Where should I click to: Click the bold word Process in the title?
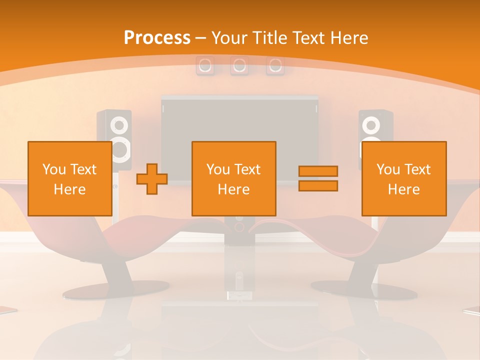[157, 38]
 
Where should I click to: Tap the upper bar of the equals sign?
[318, 171]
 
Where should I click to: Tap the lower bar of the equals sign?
[318, 186]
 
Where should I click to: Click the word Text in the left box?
[83, 169]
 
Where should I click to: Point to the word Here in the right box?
[403, 189]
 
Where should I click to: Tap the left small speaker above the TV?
[204, 65]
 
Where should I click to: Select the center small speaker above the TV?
[239, 65]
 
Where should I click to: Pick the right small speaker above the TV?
[275, 65]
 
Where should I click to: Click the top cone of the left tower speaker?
[119, 124]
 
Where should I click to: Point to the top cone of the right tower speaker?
[370, 124]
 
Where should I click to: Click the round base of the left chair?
[115, 289]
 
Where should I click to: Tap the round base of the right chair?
[363, 289]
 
